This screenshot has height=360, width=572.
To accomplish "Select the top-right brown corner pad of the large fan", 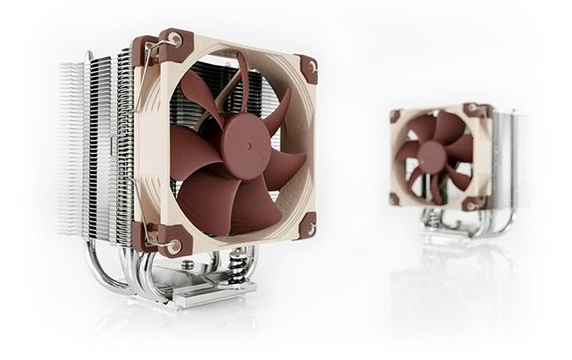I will [307, 68].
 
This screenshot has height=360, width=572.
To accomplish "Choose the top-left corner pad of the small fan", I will [395, 115].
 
